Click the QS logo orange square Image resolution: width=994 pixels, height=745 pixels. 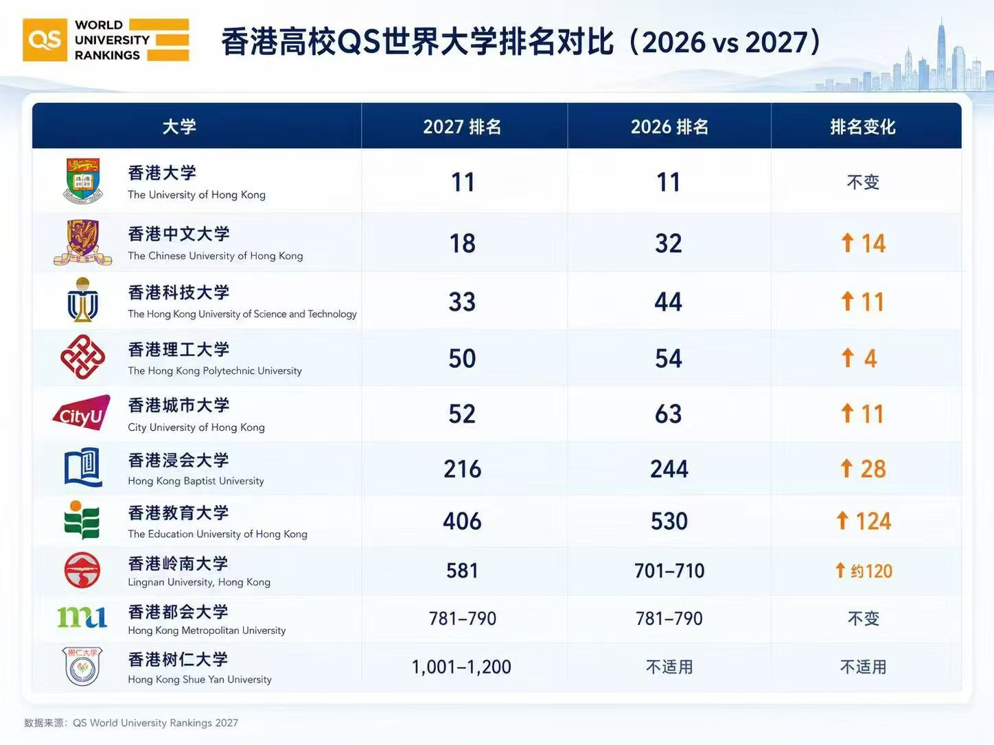pos(45,40)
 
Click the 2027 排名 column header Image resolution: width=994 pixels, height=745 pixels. pos(462,127)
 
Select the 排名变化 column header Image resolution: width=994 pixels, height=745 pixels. pos(863,127)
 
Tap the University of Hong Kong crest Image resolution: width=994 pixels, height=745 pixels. pos(83,180)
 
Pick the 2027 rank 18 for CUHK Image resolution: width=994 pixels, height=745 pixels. pos(463,244)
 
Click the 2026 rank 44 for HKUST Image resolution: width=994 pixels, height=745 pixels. pos(668,302)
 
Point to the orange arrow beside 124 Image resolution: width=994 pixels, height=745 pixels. pos(842,520)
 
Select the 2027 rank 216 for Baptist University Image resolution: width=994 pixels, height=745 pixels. pos(463,469)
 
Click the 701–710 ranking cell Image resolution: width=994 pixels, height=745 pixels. pos(669,571)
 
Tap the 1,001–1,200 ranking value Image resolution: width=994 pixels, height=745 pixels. pos(461,667)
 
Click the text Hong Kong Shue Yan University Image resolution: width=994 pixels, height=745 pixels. pos(200,679)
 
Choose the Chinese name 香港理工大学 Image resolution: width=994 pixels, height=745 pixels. pos(179,349)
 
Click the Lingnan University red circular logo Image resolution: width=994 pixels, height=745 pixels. pos(82,570)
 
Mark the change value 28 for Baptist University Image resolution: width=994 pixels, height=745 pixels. pos(873,469)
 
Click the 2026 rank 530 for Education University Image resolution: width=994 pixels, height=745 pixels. pos(669,521)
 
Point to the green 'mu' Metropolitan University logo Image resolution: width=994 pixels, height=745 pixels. pos(82,617)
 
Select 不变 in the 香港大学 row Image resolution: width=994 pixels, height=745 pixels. pos(863,182)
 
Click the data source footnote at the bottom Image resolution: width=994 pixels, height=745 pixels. pos(131,722)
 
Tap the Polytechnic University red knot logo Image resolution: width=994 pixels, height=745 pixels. pos(82,357)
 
